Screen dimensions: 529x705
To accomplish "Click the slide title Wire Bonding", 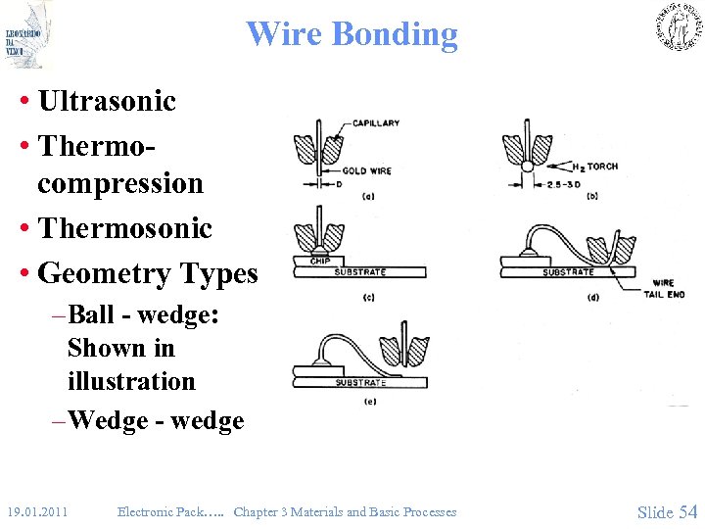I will pos(352,34).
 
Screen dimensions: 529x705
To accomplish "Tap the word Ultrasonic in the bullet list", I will pos(107,101).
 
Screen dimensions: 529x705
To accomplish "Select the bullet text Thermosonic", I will pos(124,228).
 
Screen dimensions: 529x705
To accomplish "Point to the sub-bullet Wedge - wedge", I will pos(156,420).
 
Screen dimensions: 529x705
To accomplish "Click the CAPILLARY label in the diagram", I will pos(377,123).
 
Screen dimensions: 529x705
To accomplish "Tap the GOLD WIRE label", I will pos(367,170).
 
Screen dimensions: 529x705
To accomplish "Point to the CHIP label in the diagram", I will pos(319,261).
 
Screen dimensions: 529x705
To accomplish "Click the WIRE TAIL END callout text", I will pos(669,288).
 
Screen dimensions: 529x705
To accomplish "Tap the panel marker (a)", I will pos(368,196).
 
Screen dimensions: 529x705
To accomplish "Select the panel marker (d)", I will pos(593,297).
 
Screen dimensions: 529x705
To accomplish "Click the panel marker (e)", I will pos(369,401).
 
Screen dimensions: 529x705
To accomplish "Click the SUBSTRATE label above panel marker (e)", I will pos(360,382).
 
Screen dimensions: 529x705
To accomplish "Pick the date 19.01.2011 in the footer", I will pos(36,511).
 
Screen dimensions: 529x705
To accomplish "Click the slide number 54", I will pos(687,510).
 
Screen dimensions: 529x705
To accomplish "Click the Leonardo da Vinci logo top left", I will pos(25,34).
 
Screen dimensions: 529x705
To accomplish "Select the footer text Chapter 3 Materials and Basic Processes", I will pos(345,511).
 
